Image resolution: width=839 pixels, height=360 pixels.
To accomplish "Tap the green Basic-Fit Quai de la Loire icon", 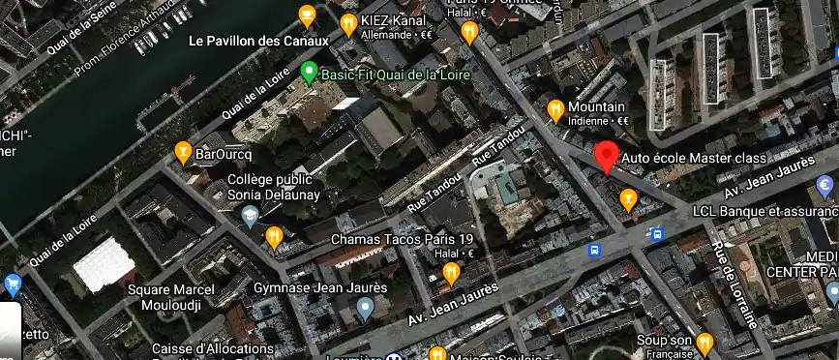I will pyautogui.click(x=309, y=72).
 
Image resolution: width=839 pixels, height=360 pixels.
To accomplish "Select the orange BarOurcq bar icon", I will pyautogui.click(x=182, y=152).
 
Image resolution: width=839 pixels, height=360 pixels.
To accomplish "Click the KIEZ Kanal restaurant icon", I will pyautogui.click(x=348, y=22).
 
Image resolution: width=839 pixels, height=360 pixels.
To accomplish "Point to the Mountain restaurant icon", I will pyautogui.click(x=555, y=109).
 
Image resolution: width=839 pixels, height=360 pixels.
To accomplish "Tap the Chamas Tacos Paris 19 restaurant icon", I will pyautogui.click(x=275, y=237).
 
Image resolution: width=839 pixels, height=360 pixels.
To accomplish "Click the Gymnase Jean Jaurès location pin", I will pyautogui.click(x=365, y=309).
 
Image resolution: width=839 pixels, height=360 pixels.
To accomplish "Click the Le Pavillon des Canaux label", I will pyautogui.click(x=258, y=42).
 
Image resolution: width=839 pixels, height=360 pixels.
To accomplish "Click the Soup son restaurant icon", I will pyautogui.click(x=704, y=342).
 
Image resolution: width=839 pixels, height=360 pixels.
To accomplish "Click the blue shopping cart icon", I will pyautogui.click(x=13, y=285).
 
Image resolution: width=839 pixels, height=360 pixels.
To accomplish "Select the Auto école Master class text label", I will pyautogui.click(x=694, y=158).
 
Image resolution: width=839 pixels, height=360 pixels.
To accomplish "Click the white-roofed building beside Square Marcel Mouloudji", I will pyautogui.click(x=105, y=264).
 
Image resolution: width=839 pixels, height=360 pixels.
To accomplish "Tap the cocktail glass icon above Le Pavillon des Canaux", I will pyautogui.click(x=307, y=15).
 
